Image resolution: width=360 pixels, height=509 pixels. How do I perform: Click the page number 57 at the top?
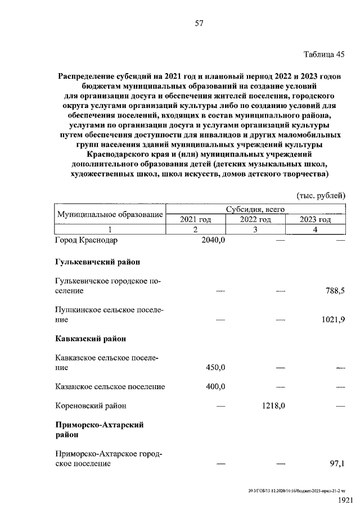click(x=199, y=23)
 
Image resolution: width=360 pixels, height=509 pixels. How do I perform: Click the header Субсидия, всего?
click(x=255, y=209)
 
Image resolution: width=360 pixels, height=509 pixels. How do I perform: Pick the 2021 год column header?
click(x=195, y=219)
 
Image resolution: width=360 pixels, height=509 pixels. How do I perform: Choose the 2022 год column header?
click(x=255, y=219)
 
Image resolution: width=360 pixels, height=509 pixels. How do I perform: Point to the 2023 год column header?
click(x=315, y=219)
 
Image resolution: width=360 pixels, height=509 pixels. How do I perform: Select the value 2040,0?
click(x=213, y=240)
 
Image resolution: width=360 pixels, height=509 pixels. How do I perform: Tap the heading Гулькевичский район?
click(x=98, y=262)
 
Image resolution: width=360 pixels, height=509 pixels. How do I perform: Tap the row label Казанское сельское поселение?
click(x=110, y=386)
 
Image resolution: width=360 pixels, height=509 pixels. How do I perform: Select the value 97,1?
click(x=336, y=463)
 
